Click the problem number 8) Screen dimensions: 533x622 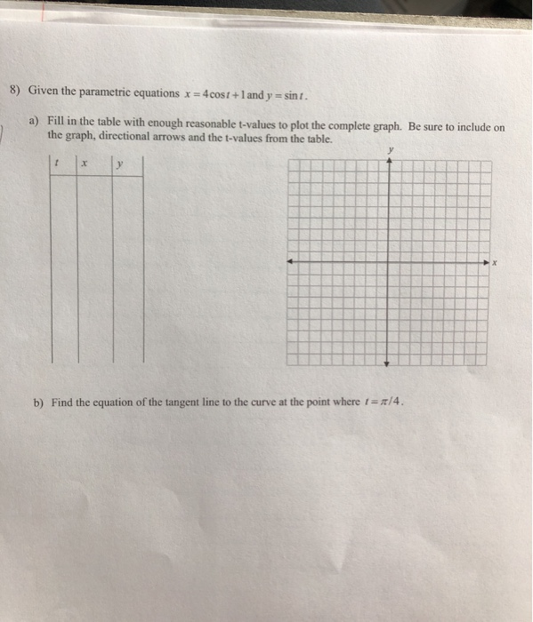14,91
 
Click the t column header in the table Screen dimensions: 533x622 57,164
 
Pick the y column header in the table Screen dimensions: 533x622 119,164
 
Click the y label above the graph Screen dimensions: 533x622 389,151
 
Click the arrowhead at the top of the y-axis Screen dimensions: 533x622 388,163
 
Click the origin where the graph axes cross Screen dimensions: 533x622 388,262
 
